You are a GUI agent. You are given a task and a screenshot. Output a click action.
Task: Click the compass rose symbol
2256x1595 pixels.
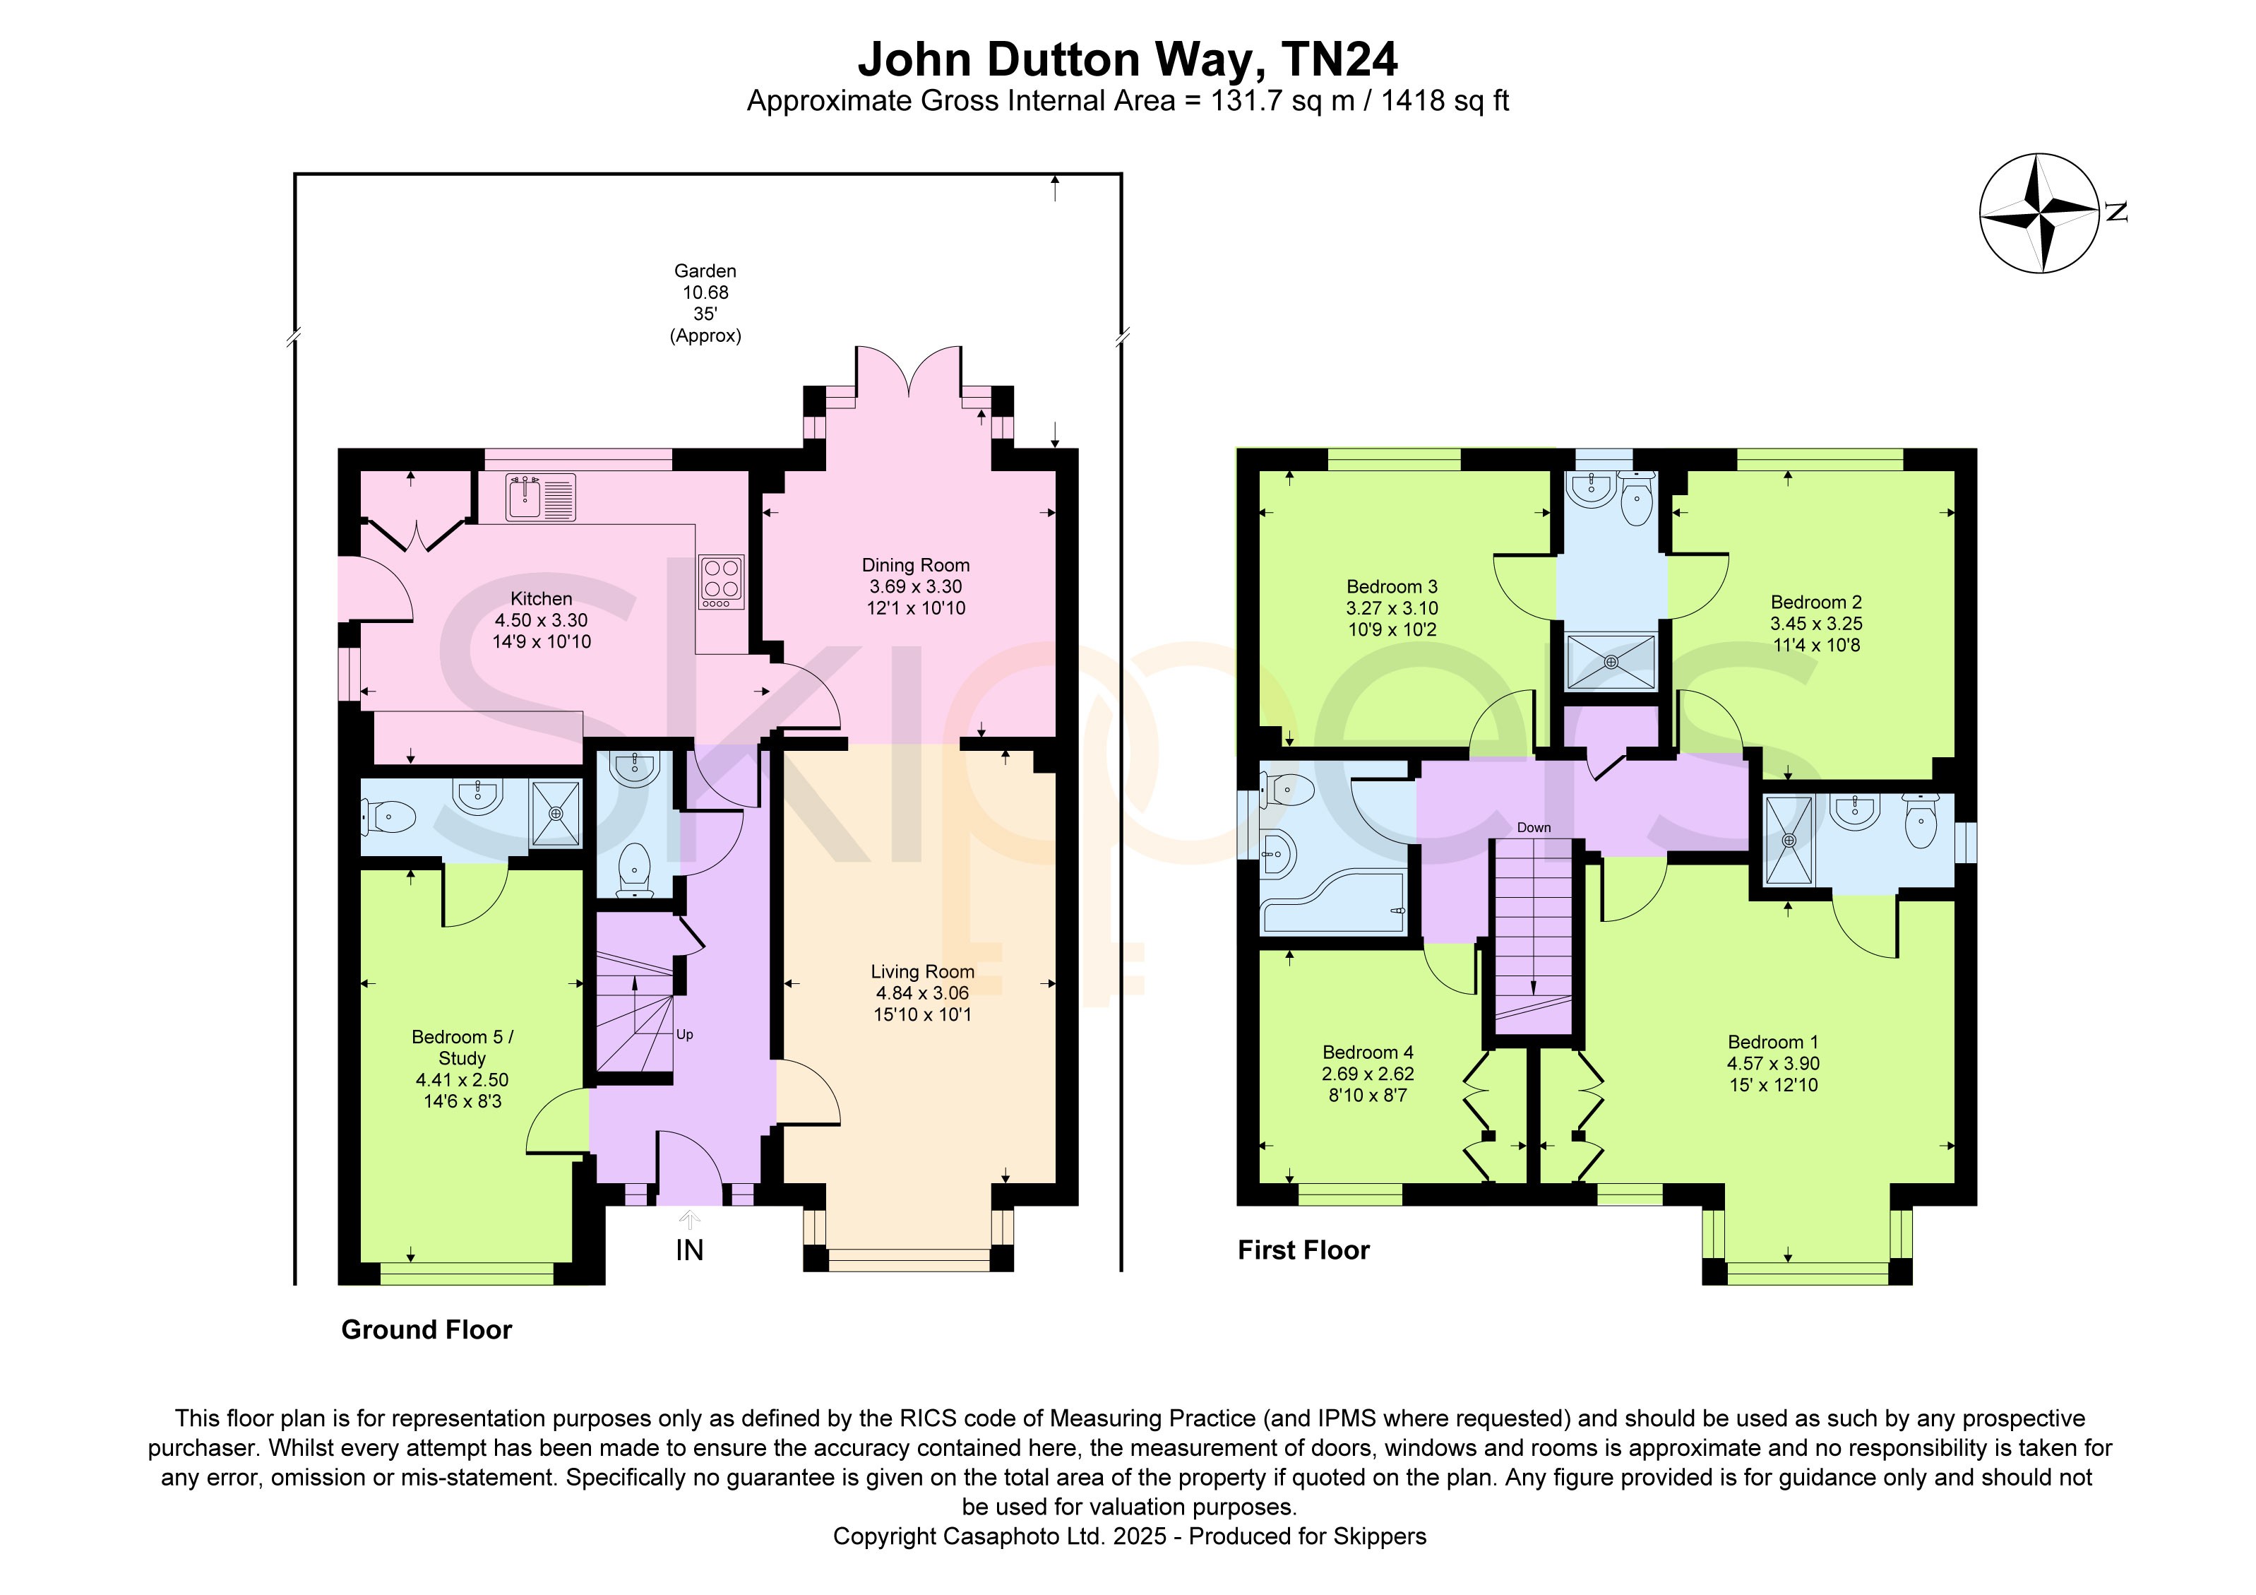click(2039, 213)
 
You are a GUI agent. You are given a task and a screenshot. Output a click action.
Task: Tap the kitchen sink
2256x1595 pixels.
click(540, 497)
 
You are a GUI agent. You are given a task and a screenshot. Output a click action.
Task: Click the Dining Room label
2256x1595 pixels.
click(916, 565)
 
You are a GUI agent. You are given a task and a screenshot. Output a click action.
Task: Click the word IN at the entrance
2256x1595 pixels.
click(690, 1250)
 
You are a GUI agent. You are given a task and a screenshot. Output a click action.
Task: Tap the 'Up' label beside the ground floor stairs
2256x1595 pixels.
click(685, 1035)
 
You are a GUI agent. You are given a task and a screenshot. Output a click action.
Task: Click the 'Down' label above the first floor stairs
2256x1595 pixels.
click(1534, 827)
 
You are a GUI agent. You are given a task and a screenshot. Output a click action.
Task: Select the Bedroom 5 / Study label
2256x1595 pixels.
click(462, 1048)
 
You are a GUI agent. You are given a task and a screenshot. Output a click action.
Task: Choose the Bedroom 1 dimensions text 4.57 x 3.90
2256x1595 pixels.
click(1774, 1063)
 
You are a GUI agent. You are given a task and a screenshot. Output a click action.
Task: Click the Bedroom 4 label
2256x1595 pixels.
click(1368, 1053)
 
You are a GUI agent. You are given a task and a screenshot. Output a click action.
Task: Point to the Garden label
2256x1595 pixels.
click(705, 271)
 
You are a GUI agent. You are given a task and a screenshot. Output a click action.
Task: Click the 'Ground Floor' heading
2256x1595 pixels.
click(426, 1329)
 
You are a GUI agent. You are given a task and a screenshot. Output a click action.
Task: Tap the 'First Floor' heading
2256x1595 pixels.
click(1304, 1250)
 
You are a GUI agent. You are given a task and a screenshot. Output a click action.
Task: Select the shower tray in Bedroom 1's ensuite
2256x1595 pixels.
click(1789, 841)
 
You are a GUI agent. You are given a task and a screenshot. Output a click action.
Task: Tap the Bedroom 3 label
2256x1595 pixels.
click(1391, 587)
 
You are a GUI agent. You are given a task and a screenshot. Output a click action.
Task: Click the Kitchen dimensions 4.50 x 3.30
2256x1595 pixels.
click(542, 620)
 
